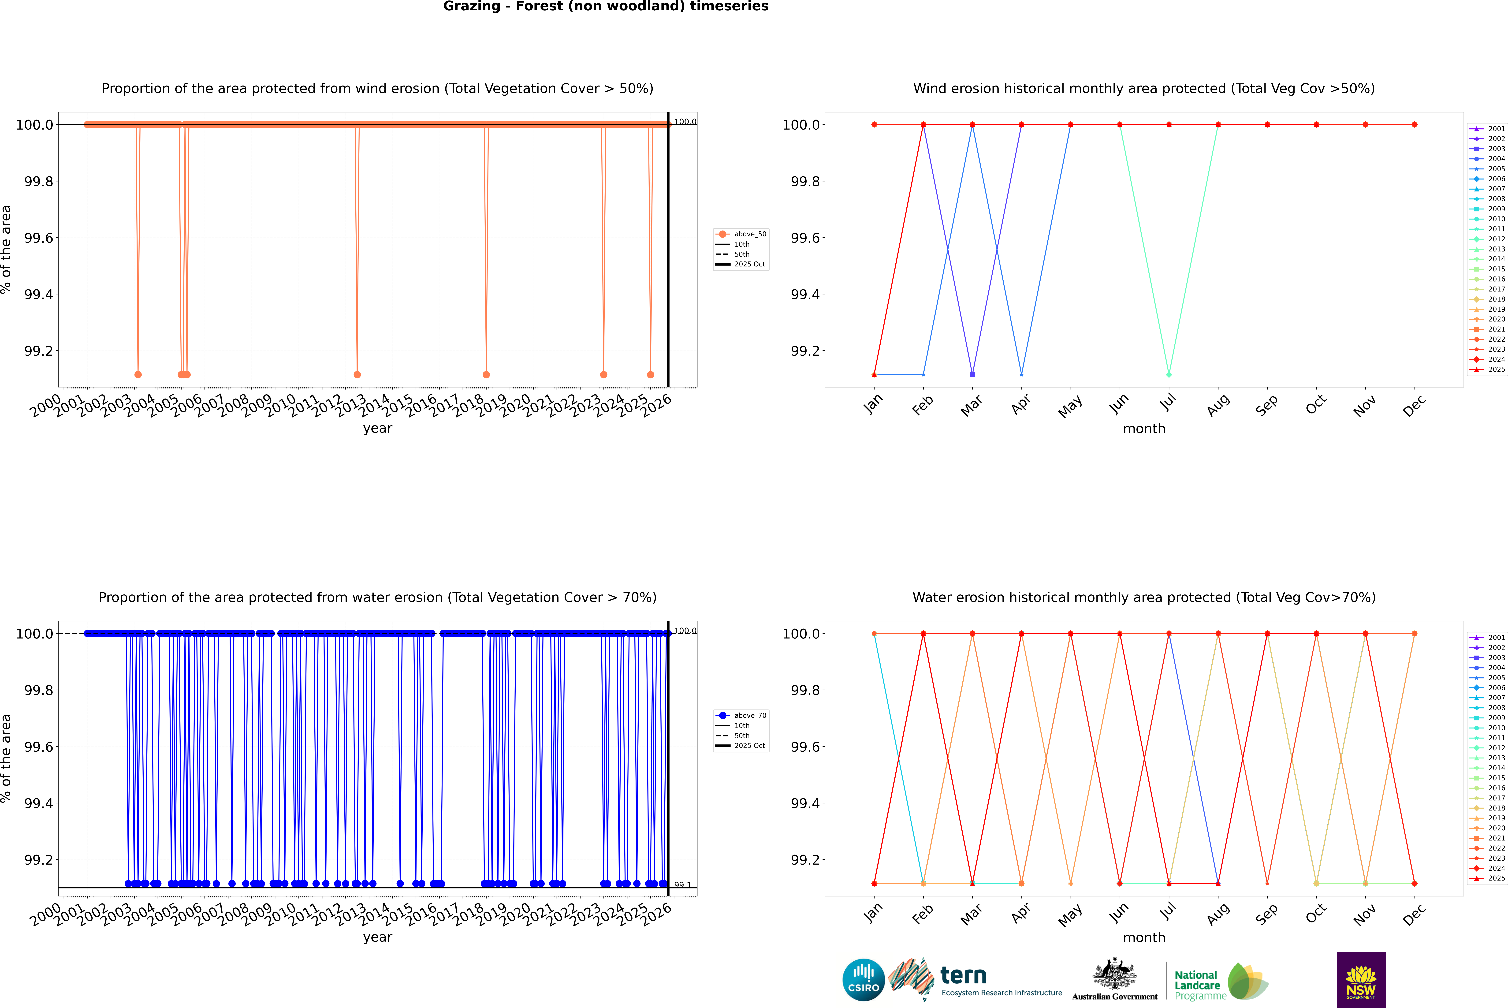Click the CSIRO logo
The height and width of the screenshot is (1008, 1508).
point(863,980)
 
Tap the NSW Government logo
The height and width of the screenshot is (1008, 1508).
point(1361,980)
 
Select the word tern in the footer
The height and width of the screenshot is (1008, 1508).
point(963,975)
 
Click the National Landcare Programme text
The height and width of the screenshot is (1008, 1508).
point(1197,985)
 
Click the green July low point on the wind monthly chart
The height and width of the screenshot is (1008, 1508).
point(1169,374)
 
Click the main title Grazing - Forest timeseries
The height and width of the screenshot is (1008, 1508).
point(606,6)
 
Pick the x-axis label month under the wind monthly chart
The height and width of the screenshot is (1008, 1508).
point(1144,429)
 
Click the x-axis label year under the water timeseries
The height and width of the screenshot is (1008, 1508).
point(377,937)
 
